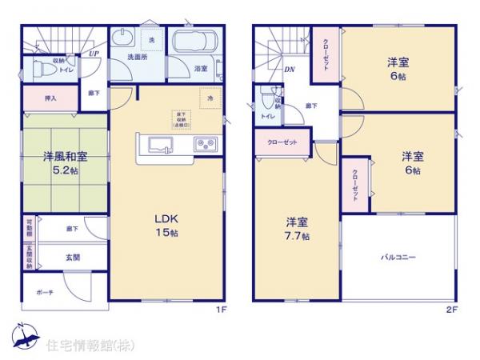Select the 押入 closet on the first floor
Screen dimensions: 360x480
[50, 98]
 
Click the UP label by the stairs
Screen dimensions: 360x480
[94, 54]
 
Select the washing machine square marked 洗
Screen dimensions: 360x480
[150, 39]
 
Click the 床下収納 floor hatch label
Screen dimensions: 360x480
[179, 120]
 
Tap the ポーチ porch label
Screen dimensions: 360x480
[44, 293]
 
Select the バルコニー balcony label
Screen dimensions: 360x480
[398, 256]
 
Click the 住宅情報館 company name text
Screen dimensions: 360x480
[83, 346]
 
